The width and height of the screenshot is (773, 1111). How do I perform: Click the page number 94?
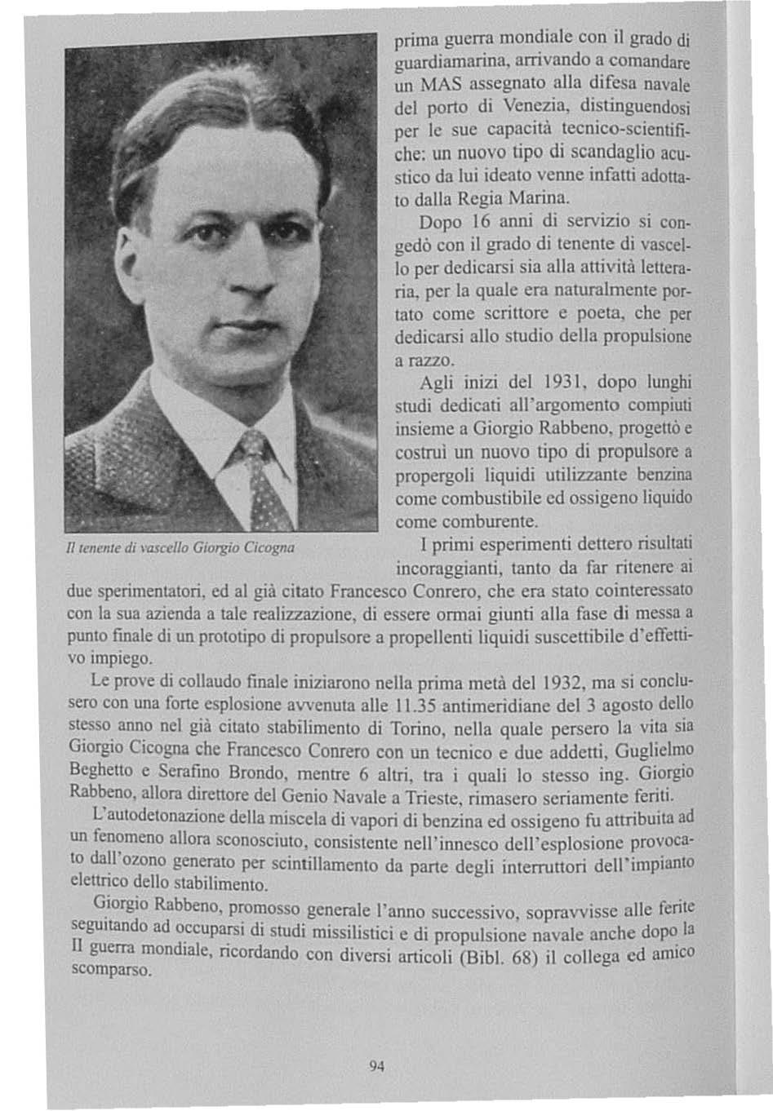pyautogui.click(x=376, y=1066)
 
